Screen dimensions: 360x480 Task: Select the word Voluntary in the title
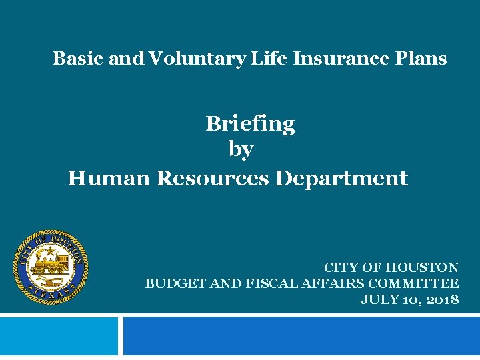[197, 59]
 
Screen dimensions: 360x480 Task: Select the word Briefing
[250, 124]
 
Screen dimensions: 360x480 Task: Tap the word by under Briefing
[241, 150]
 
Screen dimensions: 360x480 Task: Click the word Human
[109, 179]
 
